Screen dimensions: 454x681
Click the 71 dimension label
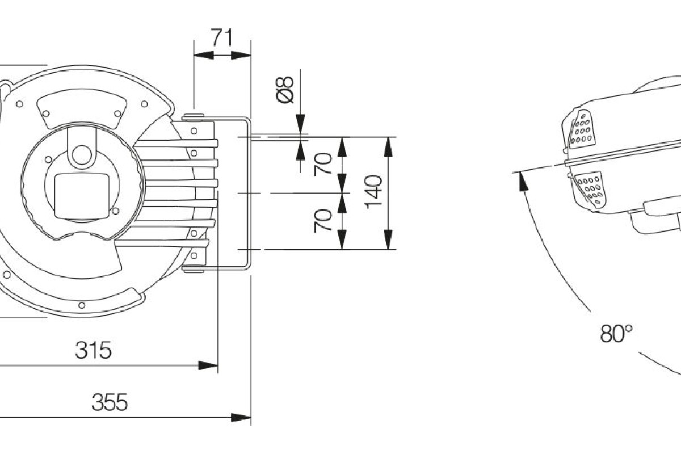click(222, 37)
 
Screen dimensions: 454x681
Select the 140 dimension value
click(374, 192)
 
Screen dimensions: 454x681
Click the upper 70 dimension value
click(324, 164)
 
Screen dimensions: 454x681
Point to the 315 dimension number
click(93, 350)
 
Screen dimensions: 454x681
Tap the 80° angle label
click(616, 334)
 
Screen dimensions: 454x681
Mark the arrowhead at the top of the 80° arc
click(520, 180)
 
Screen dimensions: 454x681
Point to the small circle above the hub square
click(82, 154)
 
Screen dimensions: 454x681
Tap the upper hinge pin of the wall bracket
click(193, 117)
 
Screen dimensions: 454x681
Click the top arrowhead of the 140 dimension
click(388, 146)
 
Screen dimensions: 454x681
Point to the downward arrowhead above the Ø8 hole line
click(300, 123)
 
